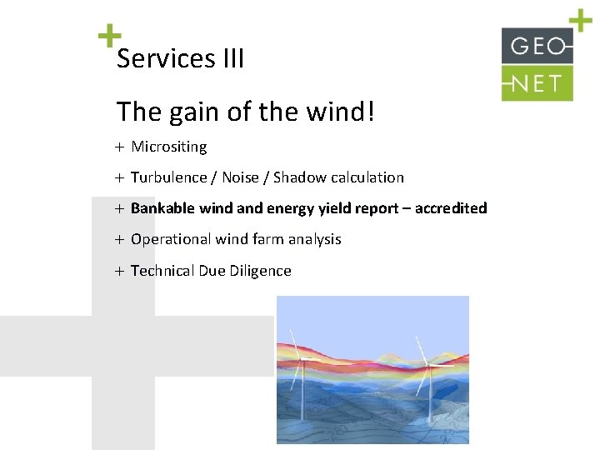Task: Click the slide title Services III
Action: click(x=180, y=59)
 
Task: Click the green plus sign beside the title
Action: click(x=108, y=36)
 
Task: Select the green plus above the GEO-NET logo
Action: click(x=580, y=20)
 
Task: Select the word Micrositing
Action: click(x=169, y=147)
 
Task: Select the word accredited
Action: click(x=451, y=208)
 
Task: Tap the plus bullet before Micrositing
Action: click(x=120, y=147)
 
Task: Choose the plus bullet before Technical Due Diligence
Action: click(x=120, y=271)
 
